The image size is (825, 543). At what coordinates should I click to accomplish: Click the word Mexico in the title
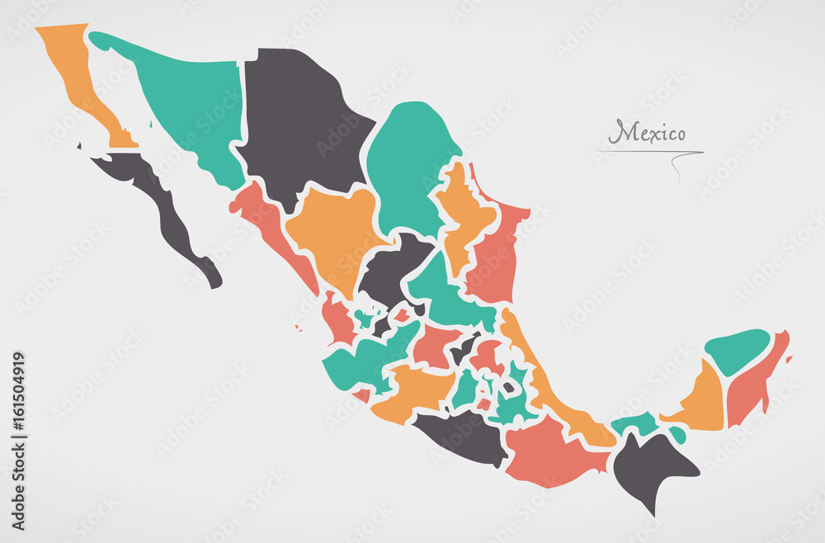(x=647, y=132)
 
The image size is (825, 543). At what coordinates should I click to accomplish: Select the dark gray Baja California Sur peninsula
(x=165, y=206)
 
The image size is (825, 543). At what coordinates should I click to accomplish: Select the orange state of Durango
(x=330, y=231)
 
